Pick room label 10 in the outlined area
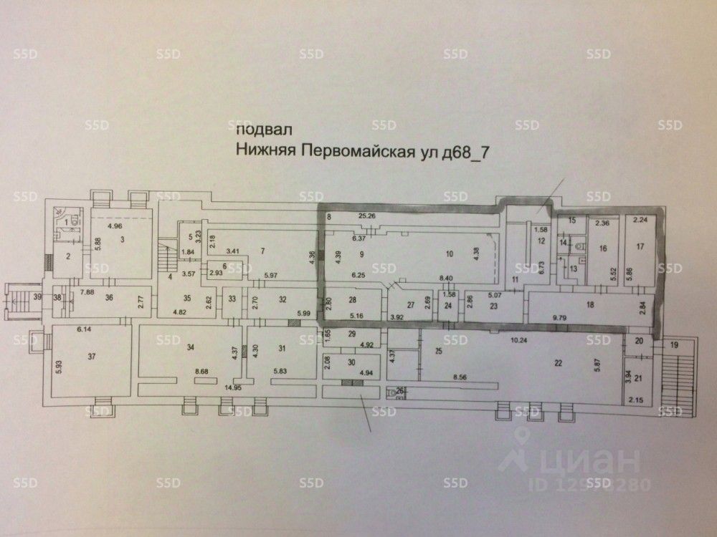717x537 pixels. coord(450,253)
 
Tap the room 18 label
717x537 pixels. coord(590,305)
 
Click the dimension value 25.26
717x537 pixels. coord(367,216)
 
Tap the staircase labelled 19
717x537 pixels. coord(673,345)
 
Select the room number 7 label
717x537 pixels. coord(263,250)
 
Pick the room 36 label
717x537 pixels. coord(109,299)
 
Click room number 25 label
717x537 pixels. coord(438,351)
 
